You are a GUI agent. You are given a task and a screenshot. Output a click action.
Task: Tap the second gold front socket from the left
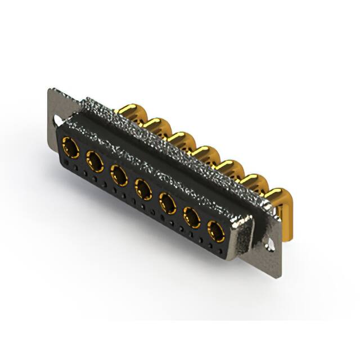[95, 162]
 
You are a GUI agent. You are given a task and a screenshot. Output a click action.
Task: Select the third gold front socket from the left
[119, 175]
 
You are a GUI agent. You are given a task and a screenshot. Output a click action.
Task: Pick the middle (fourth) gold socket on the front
[143, 189]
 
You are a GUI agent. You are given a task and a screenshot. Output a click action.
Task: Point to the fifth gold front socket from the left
[168, 202]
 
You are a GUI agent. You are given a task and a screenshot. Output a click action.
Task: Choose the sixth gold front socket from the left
[192, 217]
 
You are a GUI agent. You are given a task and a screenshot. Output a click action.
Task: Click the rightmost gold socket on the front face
[216, 230]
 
